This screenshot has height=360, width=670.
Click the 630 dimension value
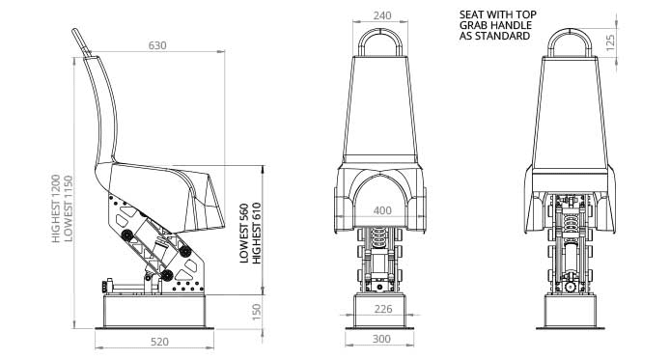(157, 45)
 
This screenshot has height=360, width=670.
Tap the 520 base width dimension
(160, 342)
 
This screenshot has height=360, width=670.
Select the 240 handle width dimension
(382, 15)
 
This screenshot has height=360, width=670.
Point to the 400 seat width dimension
(382, 210)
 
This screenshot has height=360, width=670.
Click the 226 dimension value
(383, 309)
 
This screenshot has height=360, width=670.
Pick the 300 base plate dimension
(381, 339)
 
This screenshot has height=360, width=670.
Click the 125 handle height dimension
(610, 42)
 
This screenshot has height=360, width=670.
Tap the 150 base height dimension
(257, 312)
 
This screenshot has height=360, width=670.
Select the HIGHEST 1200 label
(56, 208)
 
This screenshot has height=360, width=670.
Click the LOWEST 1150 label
(68, 208)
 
